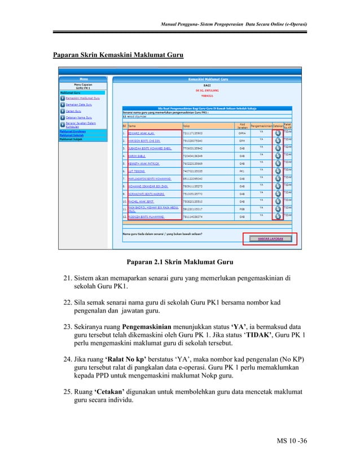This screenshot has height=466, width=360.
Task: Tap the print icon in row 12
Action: point(278,216)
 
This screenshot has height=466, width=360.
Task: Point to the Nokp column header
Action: point(186,126)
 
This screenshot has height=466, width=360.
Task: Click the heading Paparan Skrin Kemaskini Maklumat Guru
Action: point(118,55)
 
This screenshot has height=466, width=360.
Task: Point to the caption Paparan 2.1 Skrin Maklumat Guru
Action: point(179,262)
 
